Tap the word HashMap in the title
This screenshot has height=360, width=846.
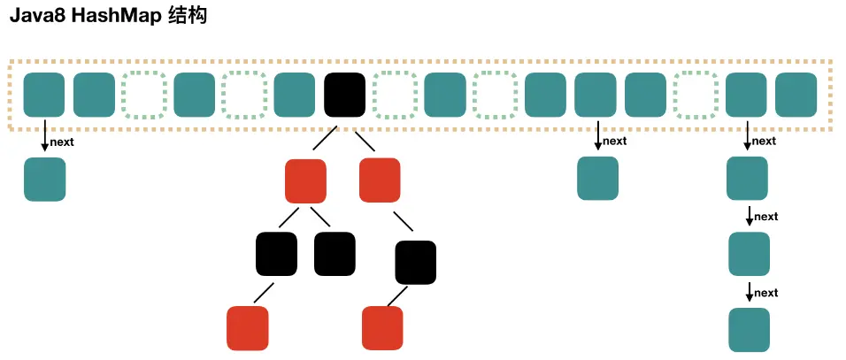pyautogui.click(x=113, y=17)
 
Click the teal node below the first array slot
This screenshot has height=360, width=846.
pyautogui.click(x=44, y=179)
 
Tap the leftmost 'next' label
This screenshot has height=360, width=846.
pyautogui.click(x=62, y=141)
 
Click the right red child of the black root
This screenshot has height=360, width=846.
pyautogui.click(x=381, y=179)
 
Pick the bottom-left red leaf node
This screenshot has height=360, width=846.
pyautogui.click(x=248, y=327)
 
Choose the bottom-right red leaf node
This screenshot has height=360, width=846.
pyautogui.click(x=382, y=327)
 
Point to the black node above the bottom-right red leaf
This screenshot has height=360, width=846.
pyautogui.click(x=416, y=262)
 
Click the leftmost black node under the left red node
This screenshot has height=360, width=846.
pyautogui.click(x=277, y=253)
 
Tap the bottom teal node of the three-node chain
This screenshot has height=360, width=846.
pyautogui.click(x=749, y=330)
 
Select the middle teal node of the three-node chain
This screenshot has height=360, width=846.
pyautogui.click(x=749, y=255)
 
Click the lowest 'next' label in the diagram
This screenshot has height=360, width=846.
pyautogui.click(x=765, y=293)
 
